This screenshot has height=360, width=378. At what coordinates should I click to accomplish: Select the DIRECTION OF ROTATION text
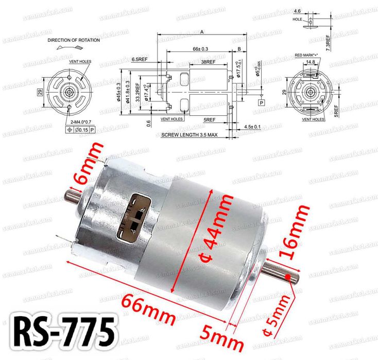click(74, 40)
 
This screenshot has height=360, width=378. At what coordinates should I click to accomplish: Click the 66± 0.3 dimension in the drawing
click(200, 49)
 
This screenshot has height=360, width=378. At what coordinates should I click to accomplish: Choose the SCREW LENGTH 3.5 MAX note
click(189, 135)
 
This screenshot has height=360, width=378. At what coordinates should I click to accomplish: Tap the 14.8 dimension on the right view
click(310, 62)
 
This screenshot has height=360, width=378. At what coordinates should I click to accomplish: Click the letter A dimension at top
click(202, 32)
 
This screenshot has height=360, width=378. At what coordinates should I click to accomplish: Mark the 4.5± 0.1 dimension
click(252, 126)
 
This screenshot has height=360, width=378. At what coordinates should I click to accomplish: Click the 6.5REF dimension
click(140, 60)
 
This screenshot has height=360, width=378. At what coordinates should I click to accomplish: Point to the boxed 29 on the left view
click(40, 93)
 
